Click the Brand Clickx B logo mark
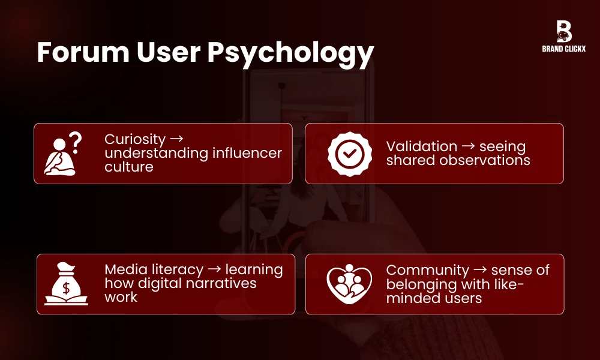coord(563,31)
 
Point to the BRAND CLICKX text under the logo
coord(563,49)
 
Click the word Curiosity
coord(134,139)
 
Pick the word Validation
coord(421,146)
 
